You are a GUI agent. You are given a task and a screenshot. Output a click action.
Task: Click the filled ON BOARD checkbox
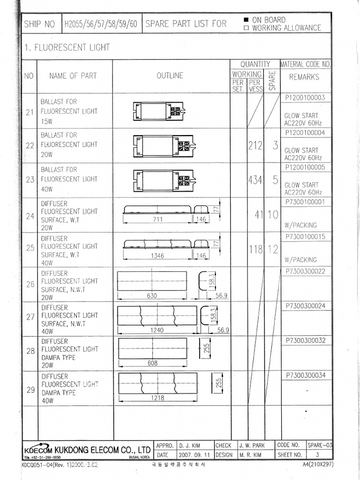pyautogui.click(x=246, y=20)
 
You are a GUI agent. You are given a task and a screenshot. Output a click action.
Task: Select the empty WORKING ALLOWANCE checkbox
pyautogui.click(x=246, y=28)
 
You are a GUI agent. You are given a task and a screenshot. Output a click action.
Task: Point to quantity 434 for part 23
pyautogui.click(x=255, y=180)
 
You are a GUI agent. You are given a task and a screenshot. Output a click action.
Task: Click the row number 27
pyautogui.click(x=30, y=317)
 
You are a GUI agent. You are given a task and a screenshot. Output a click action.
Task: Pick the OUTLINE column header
pyautogui.click(x=170, y=75)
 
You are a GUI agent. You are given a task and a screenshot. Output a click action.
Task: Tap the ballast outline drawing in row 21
pyautogui.click(x=158, y=111)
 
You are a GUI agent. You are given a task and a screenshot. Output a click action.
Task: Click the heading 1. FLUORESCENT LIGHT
pyautogui.click(x=67, y=47)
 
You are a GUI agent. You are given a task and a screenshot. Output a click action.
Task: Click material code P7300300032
pyautogui.click(x=305, y=341)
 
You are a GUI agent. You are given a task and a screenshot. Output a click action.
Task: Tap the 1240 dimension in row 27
pyautogui.click(x=157, y=330)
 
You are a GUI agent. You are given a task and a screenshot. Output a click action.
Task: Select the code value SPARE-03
pyautogui.click(x=320, y=445)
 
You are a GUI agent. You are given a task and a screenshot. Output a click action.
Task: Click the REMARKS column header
pyautogui.click(x=304, y=77)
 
